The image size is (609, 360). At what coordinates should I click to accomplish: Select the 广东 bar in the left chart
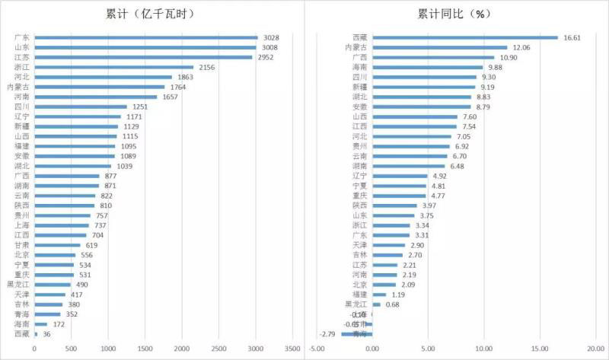click(x=146, y=37)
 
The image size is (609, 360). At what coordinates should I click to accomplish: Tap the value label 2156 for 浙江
click(x=208, y=67)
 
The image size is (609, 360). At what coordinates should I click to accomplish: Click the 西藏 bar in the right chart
click(x=465, y=37)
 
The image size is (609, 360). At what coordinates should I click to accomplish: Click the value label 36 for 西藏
click(x=47, y=334)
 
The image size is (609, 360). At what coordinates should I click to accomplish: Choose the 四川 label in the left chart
click(x=23, y=107)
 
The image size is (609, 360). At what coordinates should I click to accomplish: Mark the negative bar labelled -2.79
click(x=356, y=333)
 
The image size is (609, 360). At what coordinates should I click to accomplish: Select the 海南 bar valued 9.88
click(x=427, y=67)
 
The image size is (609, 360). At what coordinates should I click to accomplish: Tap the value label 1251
click(x=141, y=107)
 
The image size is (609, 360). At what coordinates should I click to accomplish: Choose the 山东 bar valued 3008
click(x=145, y=47)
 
